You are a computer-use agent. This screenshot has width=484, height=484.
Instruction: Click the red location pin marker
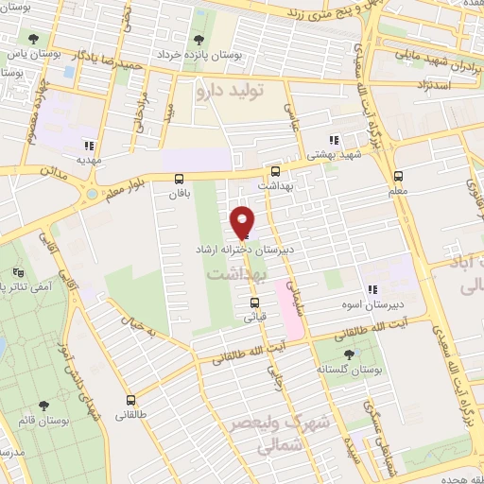click(x=243, y=220)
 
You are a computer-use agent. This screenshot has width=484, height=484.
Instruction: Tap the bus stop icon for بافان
click(x=180, y=178)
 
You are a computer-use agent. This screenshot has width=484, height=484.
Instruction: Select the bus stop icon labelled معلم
click(x=398, y=176)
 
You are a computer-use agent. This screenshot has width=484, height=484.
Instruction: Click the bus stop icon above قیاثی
click(x=254, y=302)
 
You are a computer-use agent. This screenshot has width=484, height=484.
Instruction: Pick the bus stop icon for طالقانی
click(x=130, y=400)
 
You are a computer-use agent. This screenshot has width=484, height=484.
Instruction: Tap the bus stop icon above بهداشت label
click(x=275, y=171)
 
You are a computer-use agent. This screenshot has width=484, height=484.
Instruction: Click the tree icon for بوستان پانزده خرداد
click(x=199, y=40)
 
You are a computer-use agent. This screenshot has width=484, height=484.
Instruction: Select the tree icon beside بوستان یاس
click(x=34, y=40)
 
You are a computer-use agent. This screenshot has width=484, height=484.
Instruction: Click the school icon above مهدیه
click(x=90, y=146)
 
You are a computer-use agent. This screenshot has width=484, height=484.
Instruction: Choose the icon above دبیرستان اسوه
click(x=372, y=289)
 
